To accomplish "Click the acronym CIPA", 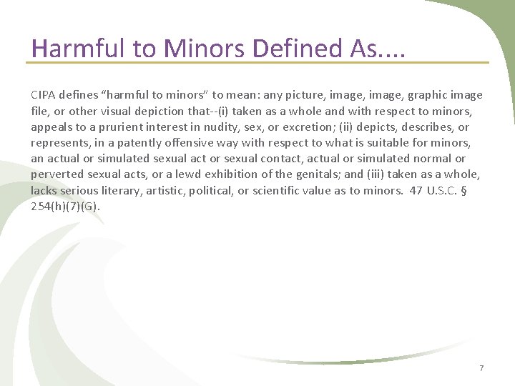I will [43, 95].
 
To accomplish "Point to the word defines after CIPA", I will [79, 95].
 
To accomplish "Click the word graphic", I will [430, 95].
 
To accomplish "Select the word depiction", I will [161, 111].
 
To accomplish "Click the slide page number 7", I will [481, 368].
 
